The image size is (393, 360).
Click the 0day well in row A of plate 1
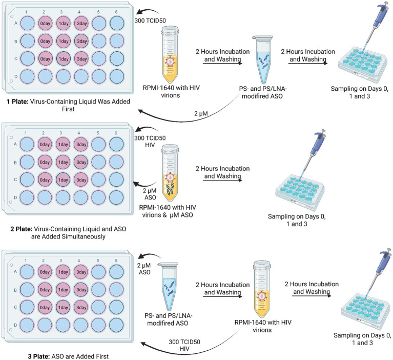[46, 23]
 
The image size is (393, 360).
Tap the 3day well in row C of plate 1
[81, 59]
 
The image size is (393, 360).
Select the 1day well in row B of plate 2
[63, 163]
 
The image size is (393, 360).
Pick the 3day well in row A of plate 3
[81, 272]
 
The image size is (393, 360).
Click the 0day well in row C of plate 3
[45, 308]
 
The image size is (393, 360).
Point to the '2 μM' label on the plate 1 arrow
[201, 114]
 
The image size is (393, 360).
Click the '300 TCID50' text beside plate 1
[150, 21]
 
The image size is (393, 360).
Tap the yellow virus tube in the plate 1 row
[171, 55]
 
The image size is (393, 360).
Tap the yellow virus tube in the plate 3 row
[262, 289]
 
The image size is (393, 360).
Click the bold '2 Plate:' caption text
[22, 229]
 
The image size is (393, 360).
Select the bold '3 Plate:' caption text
[39, 356]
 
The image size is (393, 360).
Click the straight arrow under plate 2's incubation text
[222, 180]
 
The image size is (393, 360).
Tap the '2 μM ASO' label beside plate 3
[144, 269]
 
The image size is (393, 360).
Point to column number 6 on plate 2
[116, 133]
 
